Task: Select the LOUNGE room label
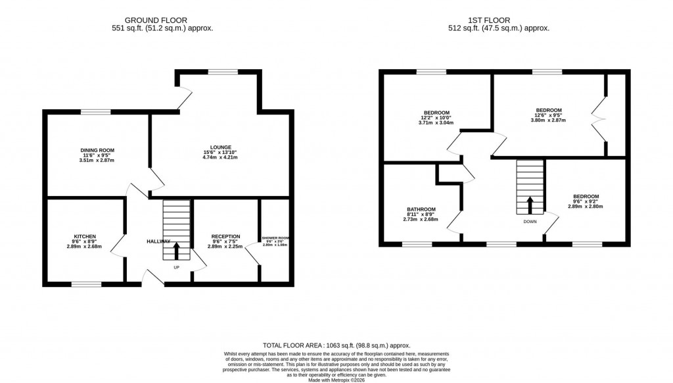click(221, 147)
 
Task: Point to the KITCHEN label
click(85, 236)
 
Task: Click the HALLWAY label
click(158, 242)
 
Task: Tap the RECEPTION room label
click(225, 236)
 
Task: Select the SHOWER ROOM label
click(275, 238)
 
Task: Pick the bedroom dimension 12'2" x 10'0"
click(436, 118)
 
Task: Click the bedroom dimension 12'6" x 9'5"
click(549, 115)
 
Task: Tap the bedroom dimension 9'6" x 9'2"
click(586, 201)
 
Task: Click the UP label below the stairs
click(175, 268)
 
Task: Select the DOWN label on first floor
click(530, 222)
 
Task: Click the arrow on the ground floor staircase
click(176, 251)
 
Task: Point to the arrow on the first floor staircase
click(530, 204)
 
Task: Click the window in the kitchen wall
click(87, 284)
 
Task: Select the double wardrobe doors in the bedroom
click(598, 117)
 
